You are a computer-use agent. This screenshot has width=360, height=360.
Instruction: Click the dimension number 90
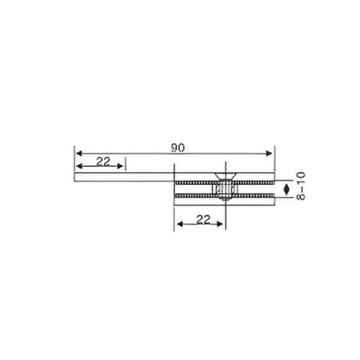point(177,147)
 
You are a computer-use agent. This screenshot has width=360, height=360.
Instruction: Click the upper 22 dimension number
point(103,162)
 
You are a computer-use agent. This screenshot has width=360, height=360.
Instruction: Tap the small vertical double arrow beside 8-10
point(287,189)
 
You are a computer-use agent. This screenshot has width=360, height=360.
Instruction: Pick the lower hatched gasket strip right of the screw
point(252,195)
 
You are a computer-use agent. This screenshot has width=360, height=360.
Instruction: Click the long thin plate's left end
point(76,176)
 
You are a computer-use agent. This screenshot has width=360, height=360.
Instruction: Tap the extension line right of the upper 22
point(125,164)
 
